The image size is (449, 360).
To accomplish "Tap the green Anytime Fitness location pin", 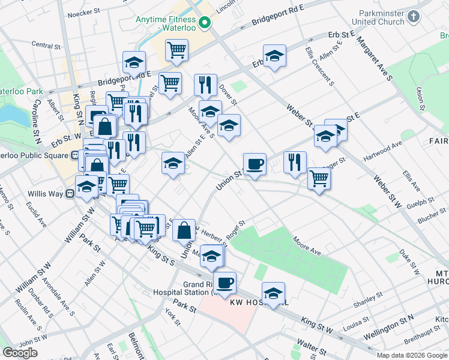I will tap(204, 23).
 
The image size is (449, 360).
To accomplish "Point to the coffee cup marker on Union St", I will tap(255, 164).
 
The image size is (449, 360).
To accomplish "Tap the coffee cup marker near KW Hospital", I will tap(225, 283).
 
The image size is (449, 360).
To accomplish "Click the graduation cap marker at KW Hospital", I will tap(273, 293).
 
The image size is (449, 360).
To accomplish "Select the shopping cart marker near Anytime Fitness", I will tap(176, 50).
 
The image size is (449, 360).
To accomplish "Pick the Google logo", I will tap(20, 353).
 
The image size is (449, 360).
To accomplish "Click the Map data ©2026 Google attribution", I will tap(411, 355).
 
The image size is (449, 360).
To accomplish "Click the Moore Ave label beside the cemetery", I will tap(307, 242).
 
